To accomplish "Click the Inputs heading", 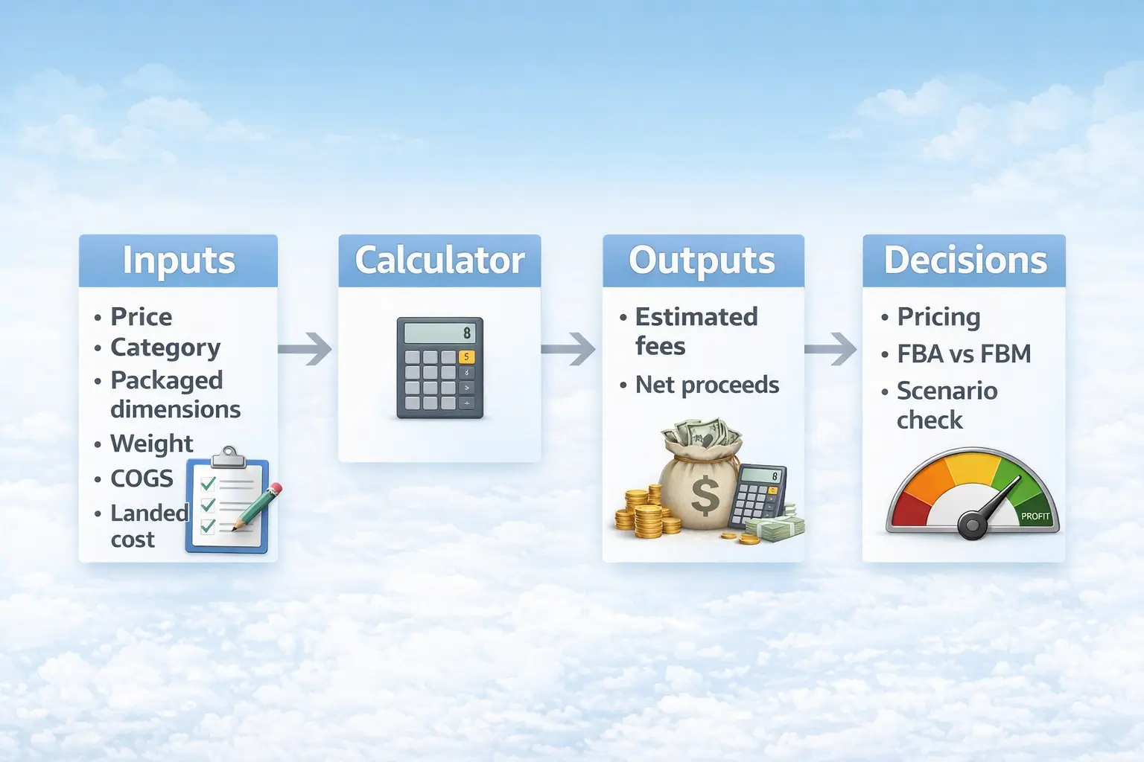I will coord(179,260).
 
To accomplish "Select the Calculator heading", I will coord(439,260).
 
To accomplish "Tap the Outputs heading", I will coord(702,260).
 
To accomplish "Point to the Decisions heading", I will coord(965,260).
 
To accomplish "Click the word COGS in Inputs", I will coord(142,478).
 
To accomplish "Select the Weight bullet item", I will coord(151,444).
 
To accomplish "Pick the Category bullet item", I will coord(165,348).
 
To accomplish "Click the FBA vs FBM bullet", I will coord(964,354).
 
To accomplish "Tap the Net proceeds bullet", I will coord(707,385).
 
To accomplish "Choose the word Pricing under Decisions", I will coord(938,317).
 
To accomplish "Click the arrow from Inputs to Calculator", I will coord(306,349).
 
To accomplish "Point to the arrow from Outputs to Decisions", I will coord(832,349).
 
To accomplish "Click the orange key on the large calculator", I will coord(466,356).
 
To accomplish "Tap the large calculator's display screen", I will coord(439,333).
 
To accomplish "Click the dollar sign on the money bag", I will coord(705,496).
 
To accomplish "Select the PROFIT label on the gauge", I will coord(1035,516).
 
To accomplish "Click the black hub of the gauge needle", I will coord(972,525).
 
